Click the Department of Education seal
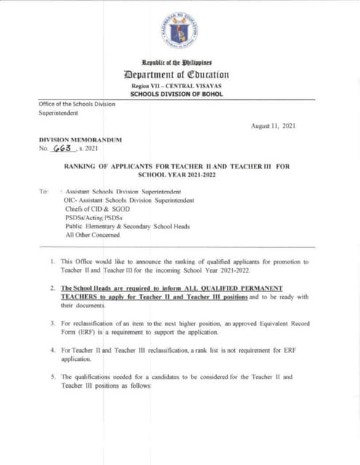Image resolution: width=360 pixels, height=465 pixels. tap(180, 30)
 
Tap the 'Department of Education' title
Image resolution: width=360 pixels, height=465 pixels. tap(180, 75)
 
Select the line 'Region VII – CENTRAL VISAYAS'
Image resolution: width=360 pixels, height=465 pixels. tap(180, 86)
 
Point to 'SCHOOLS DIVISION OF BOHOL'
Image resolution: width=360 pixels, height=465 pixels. tap(180, 94)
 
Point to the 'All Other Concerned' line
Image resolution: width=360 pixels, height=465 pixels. tap(92, 235)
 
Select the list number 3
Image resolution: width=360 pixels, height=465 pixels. tap(53, 322)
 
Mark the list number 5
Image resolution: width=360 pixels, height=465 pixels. tap(53, 377)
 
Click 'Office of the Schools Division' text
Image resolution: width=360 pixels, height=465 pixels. tap(77, 104)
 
